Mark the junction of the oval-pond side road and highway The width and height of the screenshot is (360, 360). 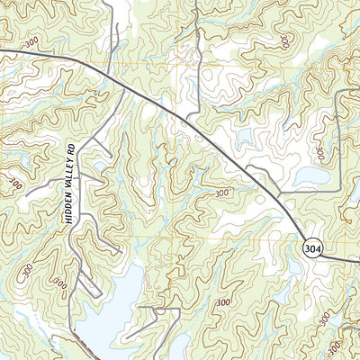coord(279,194)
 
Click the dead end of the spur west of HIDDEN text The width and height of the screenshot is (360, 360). coord(27,193)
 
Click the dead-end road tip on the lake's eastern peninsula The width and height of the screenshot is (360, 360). coord(126,338)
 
